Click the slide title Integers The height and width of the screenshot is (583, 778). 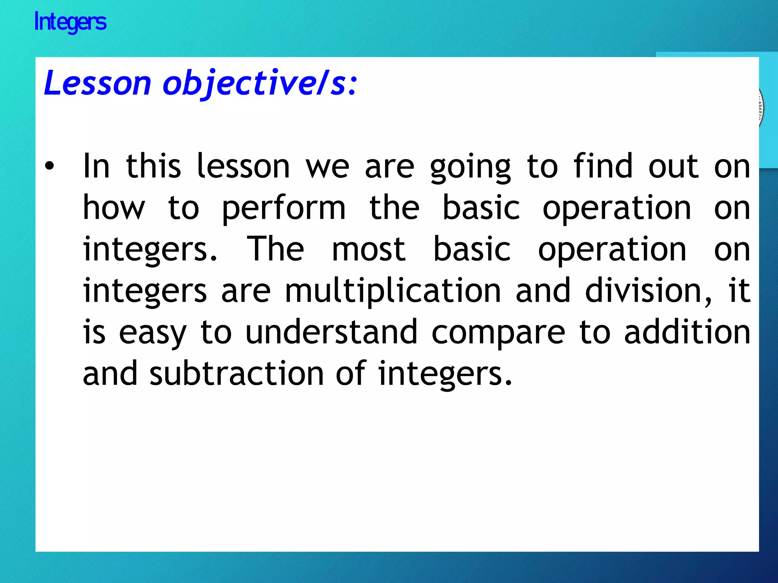[x=70, y=22]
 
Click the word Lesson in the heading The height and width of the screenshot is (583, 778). [x=98, y=83]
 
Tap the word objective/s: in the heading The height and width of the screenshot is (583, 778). [x=260, y=84]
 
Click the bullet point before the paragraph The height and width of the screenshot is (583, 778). [x=49, y=166]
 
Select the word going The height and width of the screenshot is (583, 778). [x=470, y=167]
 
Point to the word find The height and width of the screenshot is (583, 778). [x=603, y=166]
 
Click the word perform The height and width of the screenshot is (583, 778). [x=283, y=208]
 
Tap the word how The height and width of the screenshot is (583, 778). [x=114, y=208]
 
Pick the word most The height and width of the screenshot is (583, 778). [x=368, y=250]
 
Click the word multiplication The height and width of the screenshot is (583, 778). [x=393, y=291]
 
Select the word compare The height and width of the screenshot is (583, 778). [x=498, y=333]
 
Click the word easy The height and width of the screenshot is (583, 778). [x=153, y=333]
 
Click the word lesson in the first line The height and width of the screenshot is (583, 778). [x=243, y=166]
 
